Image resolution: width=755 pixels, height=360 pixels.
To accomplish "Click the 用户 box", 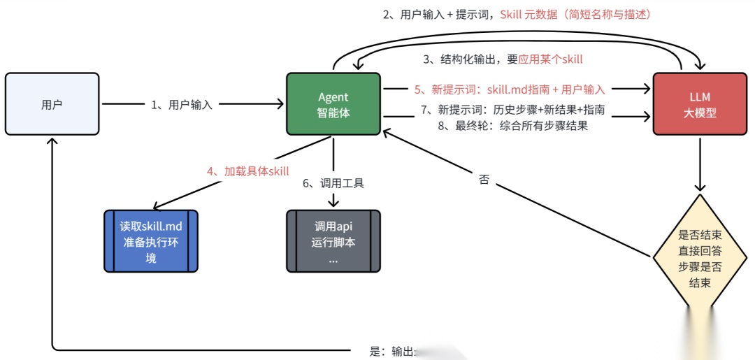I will click(x=52, y=104).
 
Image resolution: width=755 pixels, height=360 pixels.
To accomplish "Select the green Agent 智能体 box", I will click(x=333, y=104).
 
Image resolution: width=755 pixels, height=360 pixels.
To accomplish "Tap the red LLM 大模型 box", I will click(x=700, y=104).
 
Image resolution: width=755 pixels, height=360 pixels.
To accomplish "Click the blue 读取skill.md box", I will click(x=151, y=240).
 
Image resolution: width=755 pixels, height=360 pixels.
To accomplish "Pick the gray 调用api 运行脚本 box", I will click(x=333, y=240).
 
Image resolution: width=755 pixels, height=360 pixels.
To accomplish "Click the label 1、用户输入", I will click(x=182, y=105).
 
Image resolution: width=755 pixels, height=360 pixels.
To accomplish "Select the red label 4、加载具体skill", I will click(x=247, y=171).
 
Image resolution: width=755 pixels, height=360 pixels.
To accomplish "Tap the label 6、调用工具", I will click(x=333, y=184).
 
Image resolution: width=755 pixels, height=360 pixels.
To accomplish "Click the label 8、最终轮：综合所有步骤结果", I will click(x=512, y=126).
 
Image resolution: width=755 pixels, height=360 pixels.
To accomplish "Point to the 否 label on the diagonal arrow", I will click(x=484, y=180).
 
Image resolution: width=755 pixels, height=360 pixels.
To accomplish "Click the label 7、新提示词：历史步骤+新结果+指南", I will click(x=512, y=110).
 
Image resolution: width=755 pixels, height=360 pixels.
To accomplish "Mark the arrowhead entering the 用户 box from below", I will click(x=52, y=141).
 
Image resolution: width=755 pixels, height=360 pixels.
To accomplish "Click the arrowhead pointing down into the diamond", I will click(x=700, y=188).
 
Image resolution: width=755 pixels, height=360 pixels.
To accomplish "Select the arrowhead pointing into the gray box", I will click(x=333, y=203).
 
